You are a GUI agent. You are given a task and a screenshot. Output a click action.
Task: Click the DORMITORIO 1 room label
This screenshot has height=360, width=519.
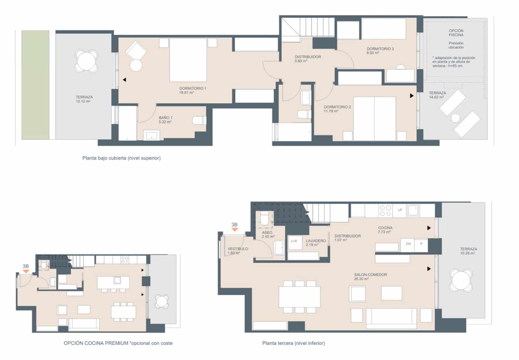click(193, 88)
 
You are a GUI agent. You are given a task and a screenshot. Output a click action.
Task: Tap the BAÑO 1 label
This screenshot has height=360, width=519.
click(165, 118)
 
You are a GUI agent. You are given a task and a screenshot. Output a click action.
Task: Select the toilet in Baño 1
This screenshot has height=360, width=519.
click(199, 120)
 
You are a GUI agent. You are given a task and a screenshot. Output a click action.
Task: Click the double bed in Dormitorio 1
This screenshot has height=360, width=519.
click(188, 60)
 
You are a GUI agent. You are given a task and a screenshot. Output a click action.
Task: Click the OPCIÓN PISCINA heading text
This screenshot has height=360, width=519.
click(456, 33)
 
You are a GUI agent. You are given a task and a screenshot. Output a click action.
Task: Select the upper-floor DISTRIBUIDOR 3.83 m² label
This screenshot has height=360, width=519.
click(308, 57)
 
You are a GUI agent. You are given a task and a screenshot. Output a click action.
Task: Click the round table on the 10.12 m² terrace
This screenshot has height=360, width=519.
click(86, 60)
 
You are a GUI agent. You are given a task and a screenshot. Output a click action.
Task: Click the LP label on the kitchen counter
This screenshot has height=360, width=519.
click(400, 210)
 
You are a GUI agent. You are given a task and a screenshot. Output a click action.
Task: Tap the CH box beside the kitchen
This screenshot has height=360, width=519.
click(408, 244)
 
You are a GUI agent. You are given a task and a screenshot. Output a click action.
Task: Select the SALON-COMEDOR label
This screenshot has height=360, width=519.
click(370, 275)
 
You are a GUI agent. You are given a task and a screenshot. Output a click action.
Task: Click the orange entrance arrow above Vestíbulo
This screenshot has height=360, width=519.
click(235, 230)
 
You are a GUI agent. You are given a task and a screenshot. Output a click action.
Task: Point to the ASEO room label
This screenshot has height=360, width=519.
click(267, 233)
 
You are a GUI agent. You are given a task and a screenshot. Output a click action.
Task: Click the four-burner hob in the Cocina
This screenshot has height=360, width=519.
click(386, 210)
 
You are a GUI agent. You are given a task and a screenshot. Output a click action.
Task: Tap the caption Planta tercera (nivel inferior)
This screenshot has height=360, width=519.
click(293, 343)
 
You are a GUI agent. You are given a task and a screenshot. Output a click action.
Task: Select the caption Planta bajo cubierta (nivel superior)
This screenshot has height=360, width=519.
click(121, 158)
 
